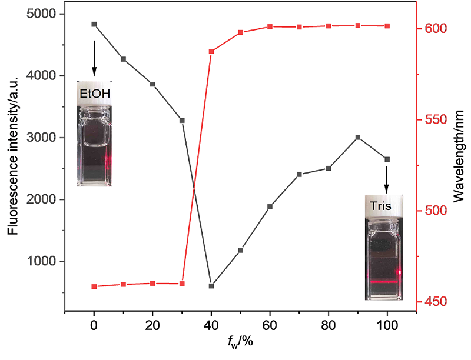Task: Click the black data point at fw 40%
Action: pos(211,286)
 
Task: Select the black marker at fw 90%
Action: pos(358,137)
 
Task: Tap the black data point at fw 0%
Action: pos(94,24)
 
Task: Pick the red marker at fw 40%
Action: pos(211,51)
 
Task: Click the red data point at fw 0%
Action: pos(94,286)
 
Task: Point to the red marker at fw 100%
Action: pos(387,26)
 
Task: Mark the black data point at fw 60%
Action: pos(270,206)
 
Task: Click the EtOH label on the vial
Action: pos(94,93)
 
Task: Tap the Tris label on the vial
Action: pos(380,206)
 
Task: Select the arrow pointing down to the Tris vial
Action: pos(387,179)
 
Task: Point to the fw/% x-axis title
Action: pos(241,341)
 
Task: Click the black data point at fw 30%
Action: pos(182,120)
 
